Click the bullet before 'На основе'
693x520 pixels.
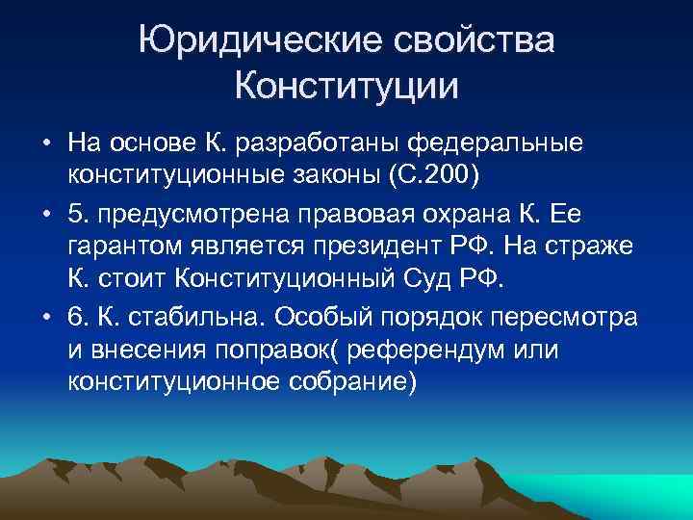tap(46, 143)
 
